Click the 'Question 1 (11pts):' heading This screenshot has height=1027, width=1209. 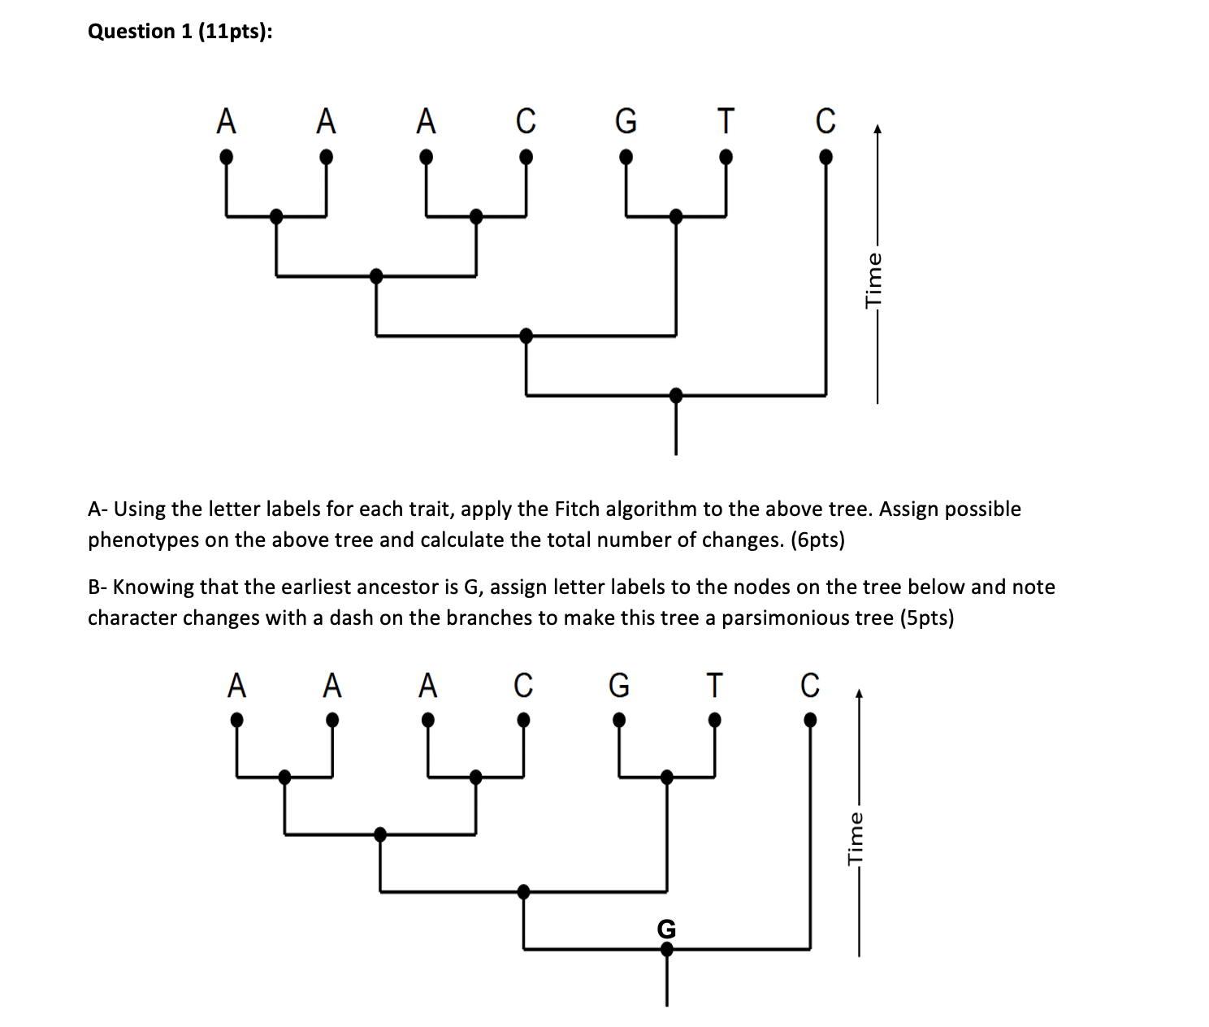point(180,32)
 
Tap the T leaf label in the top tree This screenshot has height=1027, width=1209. point(726,121)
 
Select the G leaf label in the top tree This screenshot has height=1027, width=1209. point(626,121)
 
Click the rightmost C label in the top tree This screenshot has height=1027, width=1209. point(825,121)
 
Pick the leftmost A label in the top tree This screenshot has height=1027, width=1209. point(227,121)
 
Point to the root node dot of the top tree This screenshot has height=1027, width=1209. point(676,396)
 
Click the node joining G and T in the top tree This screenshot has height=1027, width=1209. point(676,216)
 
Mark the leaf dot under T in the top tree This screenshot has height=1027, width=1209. point(726,155)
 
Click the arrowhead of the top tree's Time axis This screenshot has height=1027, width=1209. point(877,129)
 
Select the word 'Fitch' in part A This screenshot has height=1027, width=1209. point(578,509)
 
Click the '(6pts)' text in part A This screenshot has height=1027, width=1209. point(817,540)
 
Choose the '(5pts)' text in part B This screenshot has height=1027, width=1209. point(927,618)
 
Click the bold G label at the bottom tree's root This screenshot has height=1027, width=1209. point(666,928)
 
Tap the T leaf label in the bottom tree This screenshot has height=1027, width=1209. point(713,686)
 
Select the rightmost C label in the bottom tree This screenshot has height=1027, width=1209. point(810,686)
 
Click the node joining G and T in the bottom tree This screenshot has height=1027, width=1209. point(667,778)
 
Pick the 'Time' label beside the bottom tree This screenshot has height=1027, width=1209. point(856,838)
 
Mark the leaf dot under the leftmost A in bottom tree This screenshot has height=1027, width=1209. point(236,720)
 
